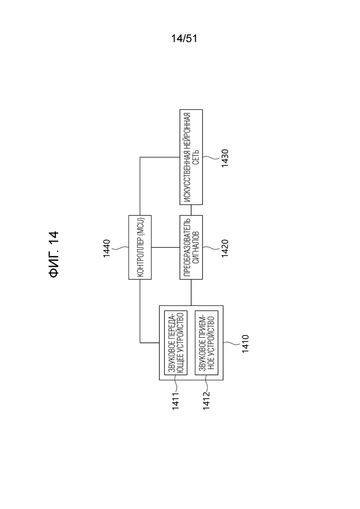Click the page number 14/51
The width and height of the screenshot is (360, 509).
(x=184, y=39)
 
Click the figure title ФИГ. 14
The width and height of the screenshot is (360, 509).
(x=54, y=254)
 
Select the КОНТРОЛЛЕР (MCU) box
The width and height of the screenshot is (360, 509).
(x=140, y=247)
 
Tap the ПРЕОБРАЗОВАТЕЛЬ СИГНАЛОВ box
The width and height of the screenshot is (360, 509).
(x=191, y=247)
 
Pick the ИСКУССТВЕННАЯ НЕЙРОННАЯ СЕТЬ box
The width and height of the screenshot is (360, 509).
(x=191, y=157)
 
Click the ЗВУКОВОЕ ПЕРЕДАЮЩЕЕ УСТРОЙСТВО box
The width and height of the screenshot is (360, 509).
(x=176, y=342)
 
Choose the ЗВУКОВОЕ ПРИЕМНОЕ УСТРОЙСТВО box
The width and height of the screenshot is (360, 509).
(x=206, y=342)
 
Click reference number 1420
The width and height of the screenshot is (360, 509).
(x=225, y=248)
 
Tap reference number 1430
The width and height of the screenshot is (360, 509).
(x=225, y=158)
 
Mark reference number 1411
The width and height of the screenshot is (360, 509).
(x=176, y=401)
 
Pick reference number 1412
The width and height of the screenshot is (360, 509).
(x=206, y=401)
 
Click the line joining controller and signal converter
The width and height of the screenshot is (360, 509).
(x=166, y=247)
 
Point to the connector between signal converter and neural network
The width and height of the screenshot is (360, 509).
(x=191, y=210)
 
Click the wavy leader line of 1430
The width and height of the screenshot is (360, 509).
(x=211, y=158)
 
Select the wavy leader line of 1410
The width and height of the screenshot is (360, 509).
(x=232, y=344)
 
